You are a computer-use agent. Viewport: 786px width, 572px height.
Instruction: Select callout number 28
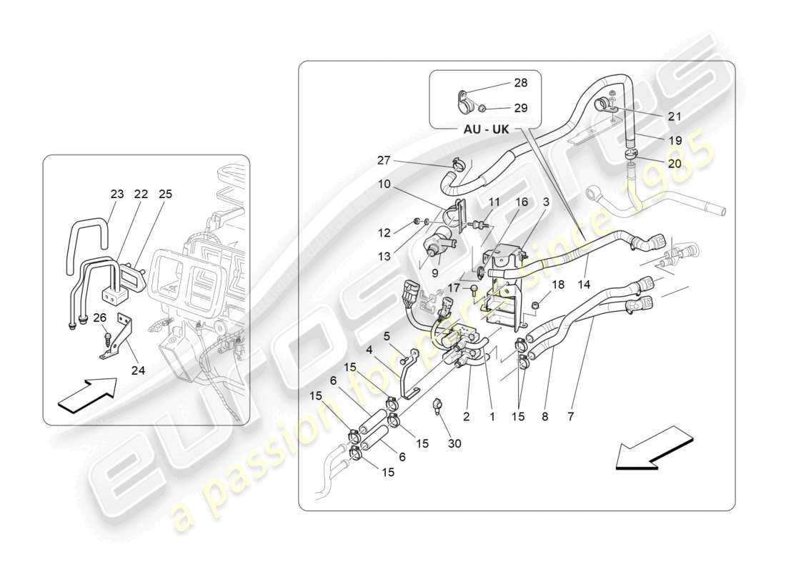(520, 83)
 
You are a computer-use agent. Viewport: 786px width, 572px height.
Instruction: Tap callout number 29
(520, 108)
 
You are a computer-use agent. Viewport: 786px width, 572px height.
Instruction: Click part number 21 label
(675, 117)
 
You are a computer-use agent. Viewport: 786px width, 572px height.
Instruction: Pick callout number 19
(675, 142)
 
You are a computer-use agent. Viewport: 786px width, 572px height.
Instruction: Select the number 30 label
(454, 443)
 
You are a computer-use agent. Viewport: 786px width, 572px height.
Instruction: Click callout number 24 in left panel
(137, 370)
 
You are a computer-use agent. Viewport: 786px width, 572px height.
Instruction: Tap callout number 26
(99, 318)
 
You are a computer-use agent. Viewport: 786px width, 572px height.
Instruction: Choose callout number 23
(116, 194)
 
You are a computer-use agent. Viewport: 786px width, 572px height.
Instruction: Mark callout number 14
(586, 283)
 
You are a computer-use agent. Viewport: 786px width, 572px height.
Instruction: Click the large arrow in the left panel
(86, 395)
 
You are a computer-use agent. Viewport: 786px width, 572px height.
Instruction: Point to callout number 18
(558, 284)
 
